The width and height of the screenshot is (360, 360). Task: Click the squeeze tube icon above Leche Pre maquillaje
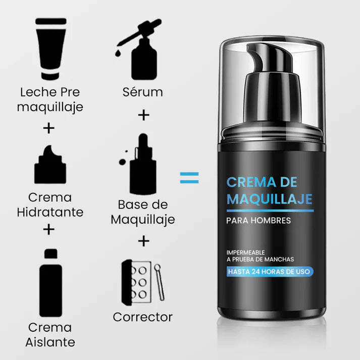coord(50,49)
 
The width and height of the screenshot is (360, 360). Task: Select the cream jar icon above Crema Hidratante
coord(50,165)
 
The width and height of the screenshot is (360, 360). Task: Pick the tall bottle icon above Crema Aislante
coord(50,283)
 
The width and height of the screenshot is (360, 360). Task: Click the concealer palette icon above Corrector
coord(143,283)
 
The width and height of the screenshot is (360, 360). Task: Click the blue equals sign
coord(189,178)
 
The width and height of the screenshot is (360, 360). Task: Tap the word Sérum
coord(143,92)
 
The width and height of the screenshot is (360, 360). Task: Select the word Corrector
coord(142,317)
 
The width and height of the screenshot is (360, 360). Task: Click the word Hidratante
coord(50,212)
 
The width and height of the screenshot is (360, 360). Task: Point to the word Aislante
coord(50,342)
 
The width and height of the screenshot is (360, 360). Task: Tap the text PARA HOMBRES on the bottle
coord(259,221)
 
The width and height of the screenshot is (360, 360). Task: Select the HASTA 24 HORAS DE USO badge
coord(270,272)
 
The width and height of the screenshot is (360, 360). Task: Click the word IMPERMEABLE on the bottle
coord(246,252)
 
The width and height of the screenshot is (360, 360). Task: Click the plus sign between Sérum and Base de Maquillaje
coord(144,115)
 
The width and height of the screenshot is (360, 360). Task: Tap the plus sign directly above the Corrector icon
coord(144,241)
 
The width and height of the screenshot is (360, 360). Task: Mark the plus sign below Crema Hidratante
coord(49,229)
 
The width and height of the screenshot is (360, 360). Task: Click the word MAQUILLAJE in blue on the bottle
coord(270,199)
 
